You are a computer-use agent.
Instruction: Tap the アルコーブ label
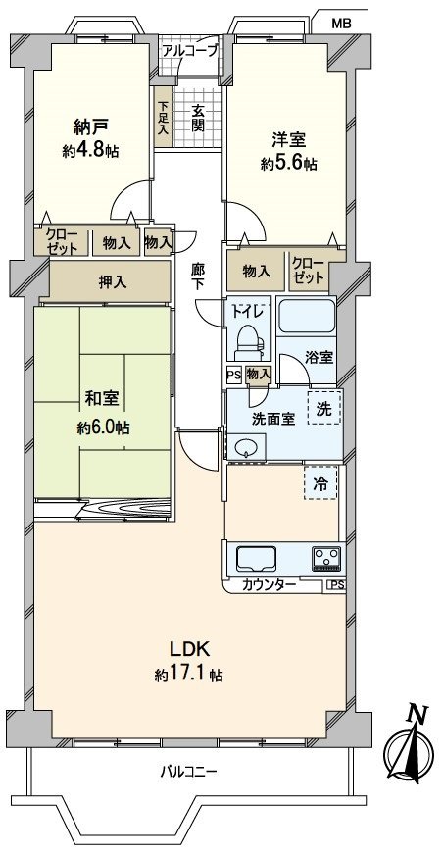pyautogui.click(x=189, y=49)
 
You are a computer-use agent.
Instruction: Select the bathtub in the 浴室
pyautogui.click(x=308, y=319)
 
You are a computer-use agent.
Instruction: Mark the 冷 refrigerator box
pyautogui.click(x=320, y=481)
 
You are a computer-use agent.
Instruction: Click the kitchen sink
pyautogui.click(x=258, y=559)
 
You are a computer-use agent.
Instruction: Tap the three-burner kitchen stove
pyautogui.click(x=324, y=558)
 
